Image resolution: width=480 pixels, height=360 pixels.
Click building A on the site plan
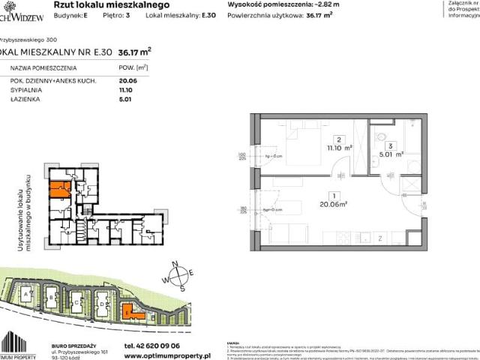28,296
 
